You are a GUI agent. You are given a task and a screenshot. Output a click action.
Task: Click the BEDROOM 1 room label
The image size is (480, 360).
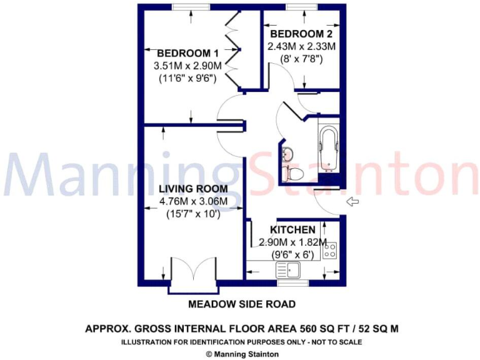183,52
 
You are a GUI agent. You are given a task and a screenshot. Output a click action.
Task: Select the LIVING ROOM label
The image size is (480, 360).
192,189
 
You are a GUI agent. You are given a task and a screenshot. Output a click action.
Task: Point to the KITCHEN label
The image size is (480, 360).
292,230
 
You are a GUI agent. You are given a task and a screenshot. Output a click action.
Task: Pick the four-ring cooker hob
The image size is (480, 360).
330,250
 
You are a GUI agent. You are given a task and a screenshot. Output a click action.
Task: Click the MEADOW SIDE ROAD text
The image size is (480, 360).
242,304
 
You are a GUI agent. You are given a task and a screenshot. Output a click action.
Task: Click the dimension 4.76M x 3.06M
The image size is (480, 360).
192,201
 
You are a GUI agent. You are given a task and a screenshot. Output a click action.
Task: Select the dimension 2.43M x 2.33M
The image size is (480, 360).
301,46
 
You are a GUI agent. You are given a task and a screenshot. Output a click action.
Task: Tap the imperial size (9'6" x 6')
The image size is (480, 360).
292,255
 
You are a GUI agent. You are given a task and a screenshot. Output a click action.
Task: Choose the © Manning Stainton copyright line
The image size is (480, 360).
242,353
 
